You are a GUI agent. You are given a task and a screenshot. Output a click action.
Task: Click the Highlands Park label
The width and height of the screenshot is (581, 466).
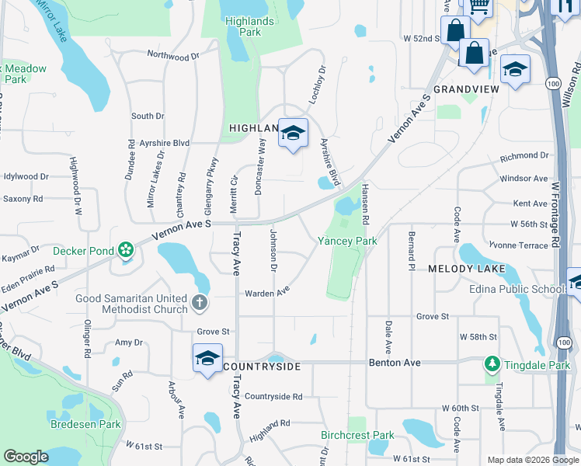[x=249, y=26]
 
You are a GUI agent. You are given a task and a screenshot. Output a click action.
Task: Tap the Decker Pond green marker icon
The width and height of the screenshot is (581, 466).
[x=124, y=250]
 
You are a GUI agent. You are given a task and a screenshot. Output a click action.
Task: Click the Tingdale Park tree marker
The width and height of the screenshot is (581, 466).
[x=491, y=363]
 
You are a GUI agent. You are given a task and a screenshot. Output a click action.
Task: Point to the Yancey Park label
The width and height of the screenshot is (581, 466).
[x=347, y=242]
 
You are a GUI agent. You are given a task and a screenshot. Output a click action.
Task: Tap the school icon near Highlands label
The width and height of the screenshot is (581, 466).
[x=293, y=134]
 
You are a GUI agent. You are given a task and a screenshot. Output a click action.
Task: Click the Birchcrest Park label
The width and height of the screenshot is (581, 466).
[x=358, y=436]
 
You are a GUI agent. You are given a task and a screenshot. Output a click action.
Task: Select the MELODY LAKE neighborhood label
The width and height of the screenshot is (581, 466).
[x=467, y=269]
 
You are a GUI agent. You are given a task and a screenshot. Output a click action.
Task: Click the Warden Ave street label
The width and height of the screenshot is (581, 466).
[x=267, y=293]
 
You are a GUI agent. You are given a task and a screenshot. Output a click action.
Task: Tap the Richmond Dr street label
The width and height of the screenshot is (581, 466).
[x=524, y=156]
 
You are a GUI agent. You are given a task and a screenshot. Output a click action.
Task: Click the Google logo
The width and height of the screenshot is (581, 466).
[x=26, y=457]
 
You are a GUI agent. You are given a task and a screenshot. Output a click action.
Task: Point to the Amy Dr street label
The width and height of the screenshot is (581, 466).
[x=129, y=343]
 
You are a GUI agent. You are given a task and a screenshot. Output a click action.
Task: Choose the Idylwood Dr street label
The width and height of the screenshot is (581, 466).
[x=26, y=177]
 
